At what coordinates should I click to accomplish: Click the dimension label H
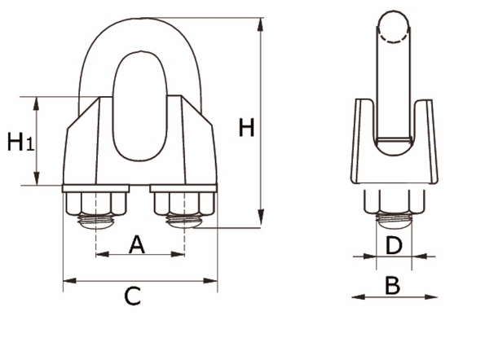246,129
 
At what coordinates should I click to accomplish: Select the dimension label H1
20,143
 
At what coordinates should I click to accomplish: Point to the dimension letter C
132,297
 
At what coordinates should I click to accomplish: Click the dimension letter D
394,244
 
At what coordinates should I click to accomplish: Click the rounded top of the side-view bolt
394,24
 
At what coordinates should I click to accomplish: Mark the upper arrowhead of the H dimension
261,21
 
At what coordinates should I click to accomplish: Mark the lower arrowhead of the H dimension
261,224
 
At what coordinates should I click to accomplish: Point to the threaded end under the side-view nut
394,217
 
